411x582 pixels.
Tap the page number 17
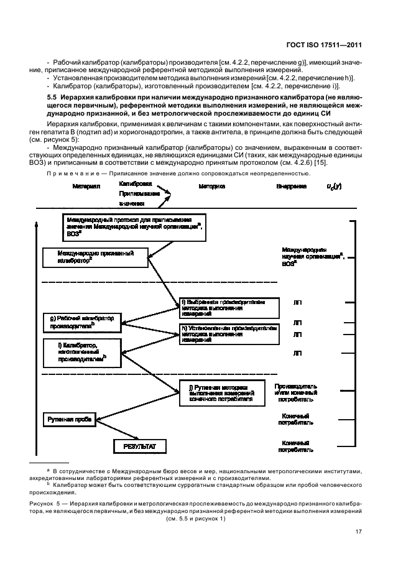click(358, 531)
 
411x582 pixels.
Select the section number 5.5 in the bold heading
click(54, 99)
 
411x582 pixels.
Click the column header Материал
click(86, 187)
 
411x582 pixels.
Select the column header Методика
click(213, 187)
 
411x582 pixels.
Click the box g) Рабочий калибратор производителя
click(82, 321)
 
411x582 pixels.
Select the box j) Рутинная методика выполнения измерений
click(222, 394)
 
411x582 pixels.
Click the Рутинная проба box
click(70, 420)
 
